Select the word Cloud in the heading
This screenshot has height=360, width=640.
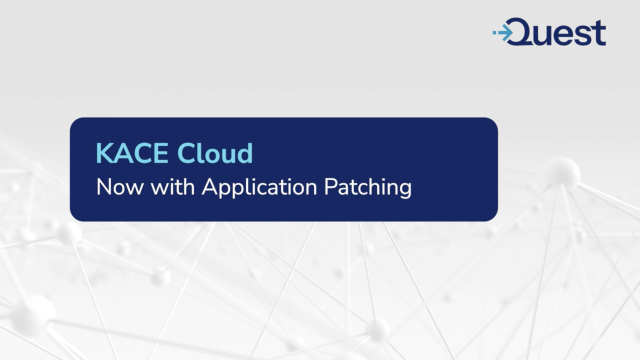pyautogui.click(x=216, y=154)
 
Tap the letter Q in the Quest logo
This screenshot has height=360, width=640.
pyautogui.click(x=526, y=33)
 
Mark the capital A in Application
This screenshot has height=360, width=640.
pyautogui.click(x=199, y=187)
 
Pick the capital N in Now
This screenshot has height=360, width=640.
pyautogui.click(x=102, y=187)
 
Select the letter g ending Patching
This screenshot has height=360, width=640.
pyautogui.click(x=404, y=190)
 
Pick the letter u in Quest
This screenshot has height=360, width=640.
pyautogui.click(x=549, y=35)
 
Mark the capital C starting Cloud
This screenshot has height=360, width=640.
pyautogui.click(x=190, y=154)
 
